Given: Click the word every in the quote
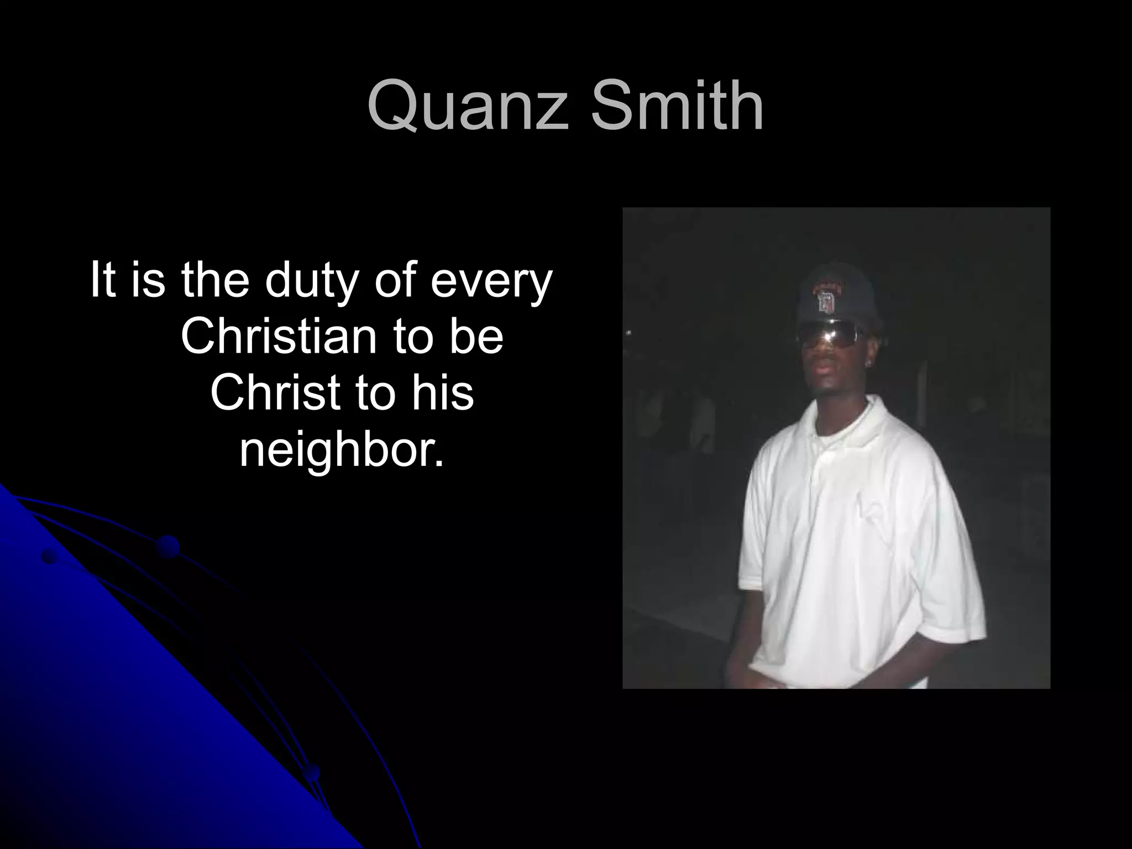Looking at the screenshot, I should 491,282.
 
